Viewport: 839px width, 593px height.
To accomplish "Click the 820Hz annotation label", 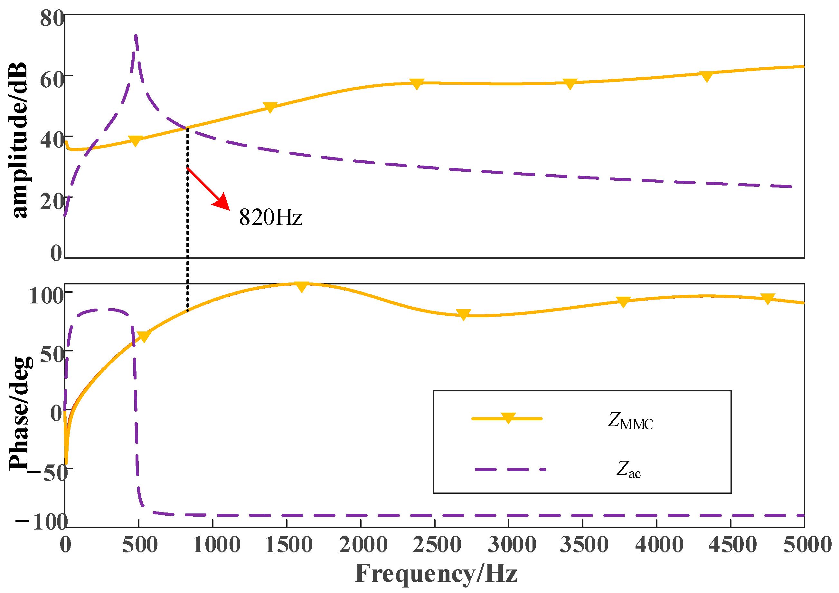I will [x=270, y=217].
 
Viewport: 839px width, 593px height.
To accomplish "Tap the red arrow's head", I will [x=222, y=203].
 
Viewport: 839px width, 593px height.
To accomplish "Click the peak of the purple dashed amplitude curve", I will [x=136, y=36].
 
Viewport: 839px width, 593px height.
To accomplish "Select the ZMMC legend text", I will [x=630, y=421].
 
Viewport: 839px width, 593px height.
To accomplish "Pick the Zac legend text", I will [x=628, y=470].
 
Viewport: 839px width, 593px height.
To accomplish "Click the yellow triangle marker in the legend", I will [x=508, y=418].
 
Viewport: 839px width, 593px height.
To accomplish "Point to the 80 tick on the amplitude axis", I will [x=52, y=18].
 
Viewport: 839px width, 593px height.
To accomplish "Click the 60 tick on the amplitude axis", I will [x=52, y=79].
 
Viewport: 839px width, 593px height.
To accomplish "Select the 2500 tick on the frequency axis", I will [x=437, y=545].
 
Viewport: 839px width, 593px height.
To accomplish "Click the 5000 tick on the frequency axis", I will [x=807, y=545].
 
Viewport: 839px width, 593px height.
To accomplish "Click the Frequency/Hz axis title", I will [x=436, y=574].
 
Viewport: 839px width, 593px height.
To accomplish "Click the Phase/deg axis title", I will [x=20, y=413].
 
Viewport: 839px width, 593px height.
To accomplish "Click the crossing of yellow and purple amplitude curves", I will [x=187, y=128].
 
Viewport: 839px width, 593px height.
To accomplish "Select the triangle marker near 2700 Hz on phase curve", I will [x=463, y=315].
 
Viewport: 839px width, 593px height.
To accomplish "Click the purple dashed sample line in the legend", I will [x=510, y=469].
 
